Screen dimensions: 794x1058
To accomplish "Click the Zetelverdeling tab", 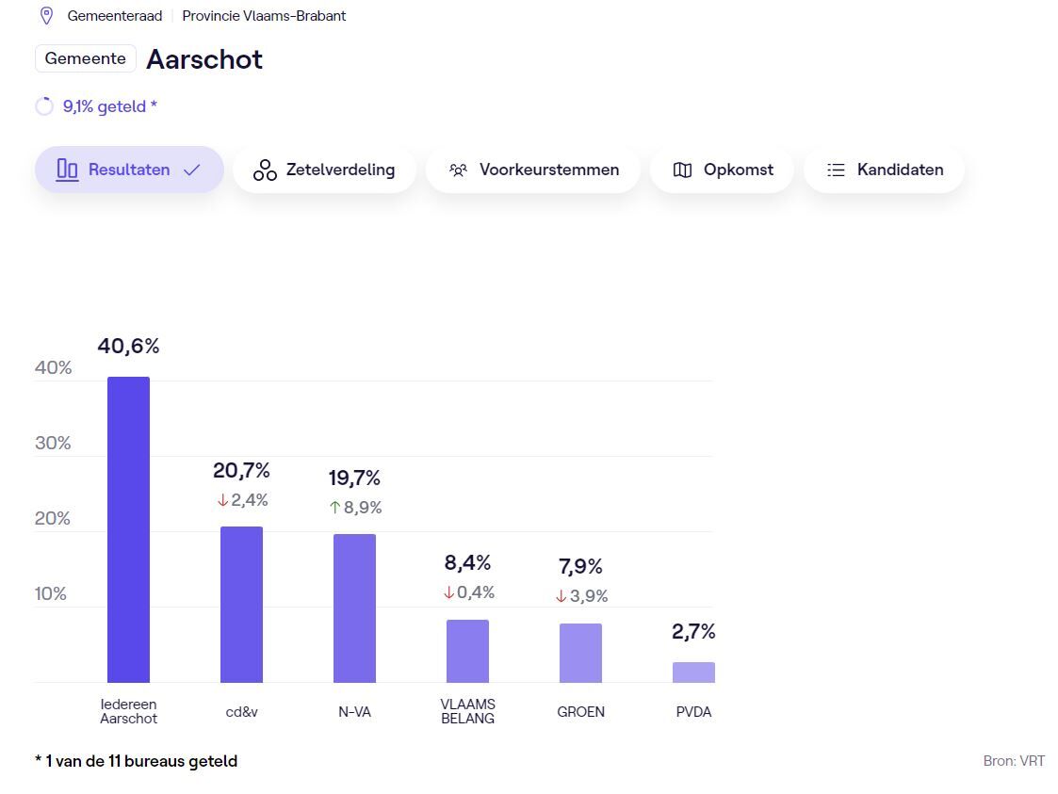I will tap(324, 170).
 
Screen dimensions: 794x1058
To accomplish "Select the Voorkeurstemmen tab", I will tap(533, 170).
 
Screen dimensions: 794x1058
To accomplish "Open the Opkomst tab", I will tap(723, 170).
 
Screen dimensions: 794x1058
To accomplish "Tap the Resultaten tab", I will tap(129, 170).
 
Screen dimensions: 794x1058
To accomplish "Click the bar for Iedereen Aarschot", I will tap(128, 529).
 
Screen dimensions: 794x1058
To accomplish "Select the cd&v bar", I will tap(241, 604).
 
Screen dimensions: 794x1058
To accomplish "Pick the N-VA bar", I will tap(354, 608).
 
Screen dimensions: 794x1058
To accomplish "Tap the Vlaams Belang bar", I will tap(467, 651).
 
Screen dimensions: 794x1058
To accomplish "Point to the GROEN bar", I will tap(580, 653).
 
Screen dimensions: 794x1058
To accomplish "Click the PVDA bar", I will tap(693, 672).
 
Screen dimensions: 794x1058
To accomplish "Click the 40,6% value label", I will tap(128, 347).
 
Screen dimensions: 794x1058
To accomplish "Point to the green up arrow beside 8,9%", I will tap(334, 508).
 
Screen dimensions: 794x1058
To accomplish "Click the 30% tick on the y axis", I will tap(53, 443).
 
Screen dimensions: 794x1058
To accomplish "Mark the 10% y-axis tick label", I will tap(51, 593).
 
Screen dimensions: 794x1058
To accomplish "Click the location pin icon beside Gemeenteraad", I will tap(46, 16).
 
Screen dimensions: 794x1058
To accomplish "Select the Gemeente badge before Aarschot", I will tap(85, 58).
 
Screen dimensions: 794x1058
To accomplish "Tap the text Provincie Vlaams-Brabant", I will tap(264, 16).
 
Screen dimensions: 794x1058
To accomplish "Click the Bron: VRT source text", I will tap(1013, 761).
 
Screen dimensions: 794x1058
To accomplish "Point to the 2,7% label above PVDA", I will tap(693, 632).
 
